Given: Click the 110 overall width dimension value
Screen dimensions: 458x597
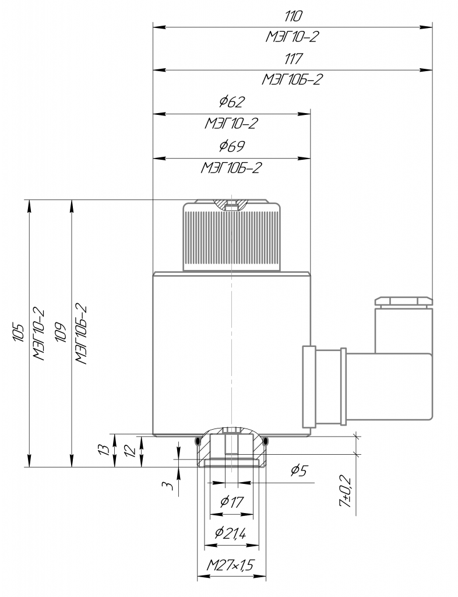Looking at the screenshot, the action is click(293, 16).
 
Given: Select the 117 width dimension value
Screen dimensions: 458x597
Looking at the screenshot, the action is click(293, 59).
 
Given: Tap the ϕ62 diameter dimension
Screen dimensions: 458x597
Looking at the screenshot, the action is click(232, 101).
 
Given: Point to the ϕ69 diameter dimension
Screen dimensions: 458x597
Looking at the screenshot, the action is click(232, 146).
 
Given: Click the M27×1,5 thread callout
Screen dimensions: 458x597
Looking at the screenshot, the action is click(231, 565).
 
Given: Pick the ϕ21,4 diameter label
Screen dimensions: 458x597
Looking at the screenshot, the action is click(231, 533).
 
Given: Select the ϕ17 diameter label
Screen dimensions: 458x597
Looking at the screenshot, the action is click(232, 501).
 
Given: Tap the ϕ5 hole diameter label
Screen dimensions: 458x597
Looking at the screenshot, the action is click(298, 471).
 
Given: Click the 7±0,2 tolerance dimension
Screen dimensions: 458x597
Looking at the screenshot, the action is click(346, 491).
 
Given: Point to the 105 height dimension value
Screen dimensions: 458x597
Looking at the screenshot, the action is click(19, 332).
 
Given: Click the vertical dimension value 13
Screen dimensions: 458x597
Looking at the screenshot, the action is click(104, 449).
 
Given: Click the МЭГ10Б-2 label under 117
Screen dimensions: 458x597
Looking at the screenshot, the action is click(292, 79).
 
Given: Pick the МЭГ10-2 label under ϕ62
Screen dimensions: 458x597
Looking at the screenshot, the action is click(232, 124).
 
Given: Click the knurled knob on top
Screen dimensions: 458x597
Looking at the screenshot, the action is click(232, 236).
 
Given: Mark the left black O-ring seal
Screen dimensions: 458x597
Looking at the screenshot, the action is click(198, 441).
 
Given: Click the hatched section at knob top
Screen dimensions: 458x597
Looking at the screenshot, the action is click(230, 203).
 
